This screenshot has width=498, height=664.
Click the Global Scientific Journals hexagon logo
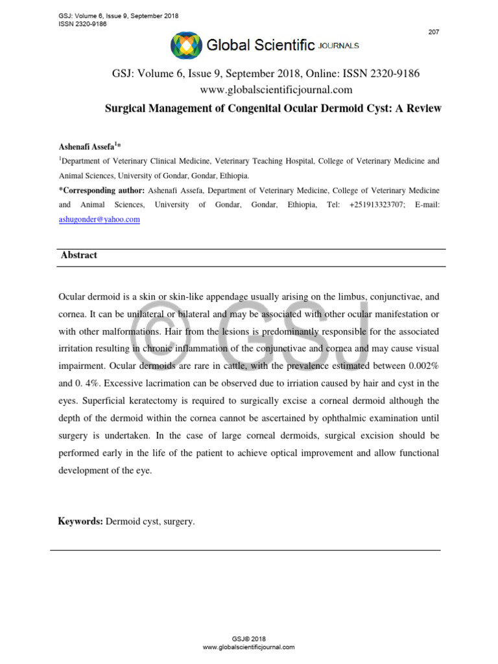point(186,45)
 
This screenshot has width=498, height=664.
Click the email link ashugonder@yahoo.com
point(99,220)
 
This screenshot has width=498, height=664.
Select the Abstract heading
point(79,255)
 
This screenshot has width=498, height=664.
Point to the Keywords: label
point(80,521)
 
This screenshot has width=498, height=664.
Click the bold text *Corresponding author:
point(102,190)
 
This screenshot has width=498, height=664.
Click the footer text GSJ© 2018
point(249,639)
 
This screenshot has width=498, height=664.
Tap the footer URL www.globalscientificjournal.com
point(249,647)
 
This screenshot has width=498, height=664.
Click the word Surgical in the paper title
point(126,108)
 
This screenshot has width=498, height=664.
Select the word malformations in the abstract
point(112,330)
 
